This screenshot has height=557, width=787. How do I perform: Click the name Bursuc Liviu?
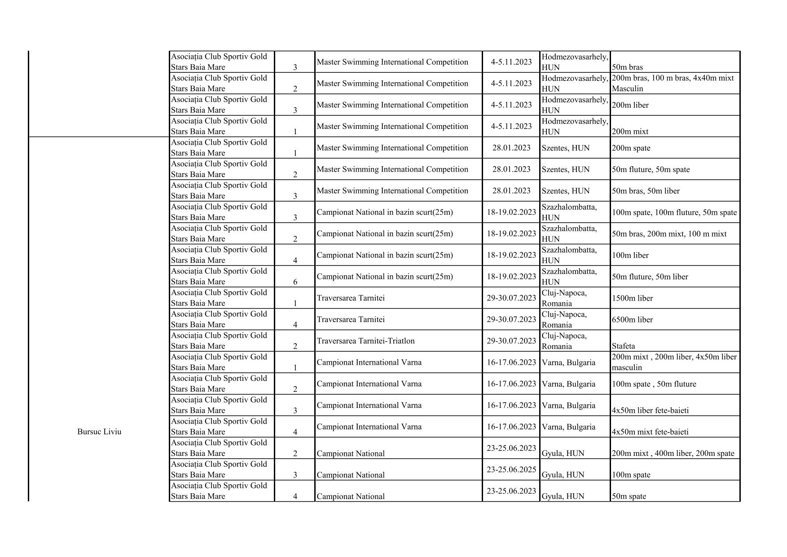click(99, 432)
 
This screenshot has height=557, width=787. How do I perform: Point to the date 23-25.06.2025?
click(511, 470)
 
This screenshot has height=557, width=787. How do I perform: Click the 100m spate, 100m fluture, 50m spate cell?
click(674, 212)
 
